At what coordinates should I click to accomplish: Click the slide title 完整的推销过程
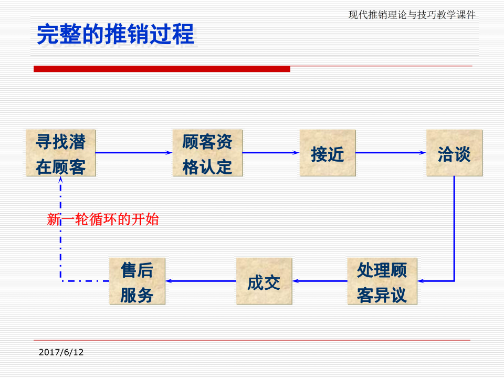point(115,34)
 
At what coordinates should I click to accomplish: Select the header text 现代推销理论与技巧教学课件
point(412,15)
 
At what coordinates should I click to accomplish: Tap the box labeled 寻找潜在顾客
point(61,153)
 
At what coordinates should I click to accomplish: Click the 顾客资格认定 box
point(207,153)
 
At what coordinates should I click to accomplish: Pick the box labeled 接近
point(328,153)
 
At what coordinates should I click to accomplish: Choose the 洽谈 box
point(454,153)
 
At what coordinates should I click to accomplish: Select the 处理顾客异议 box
point(382,281)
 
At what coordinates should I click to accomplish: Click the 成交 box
point(264,281)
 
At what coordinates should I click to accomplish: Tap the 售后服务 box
point(137,281)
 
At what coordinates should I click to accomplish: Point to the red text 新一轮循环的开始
point(103,219)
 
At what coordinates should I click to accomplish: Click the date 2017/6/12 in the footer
point(61,352)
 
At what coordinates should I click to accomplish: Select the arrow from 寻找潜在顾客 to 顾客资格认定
point(134,153)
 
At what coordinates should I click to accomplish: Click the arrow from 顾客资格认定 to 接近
point(271,153)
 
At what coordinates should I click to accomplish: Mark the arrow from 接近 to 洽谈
point(391,153)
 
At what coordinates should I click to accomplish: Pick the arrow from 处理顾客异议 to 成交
point(320,281)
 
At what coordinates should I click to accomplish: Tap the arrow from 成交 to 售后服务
point(201,281)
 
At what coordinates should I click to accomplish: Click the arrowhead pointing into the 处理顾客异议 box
point(421,281)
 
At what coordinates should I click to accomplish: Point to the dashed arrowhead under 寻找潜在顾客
point(61,180)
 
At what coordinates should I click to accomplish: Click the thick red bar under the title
point(162,69)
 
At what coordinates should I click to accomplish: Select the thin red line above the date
point(252,340)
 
